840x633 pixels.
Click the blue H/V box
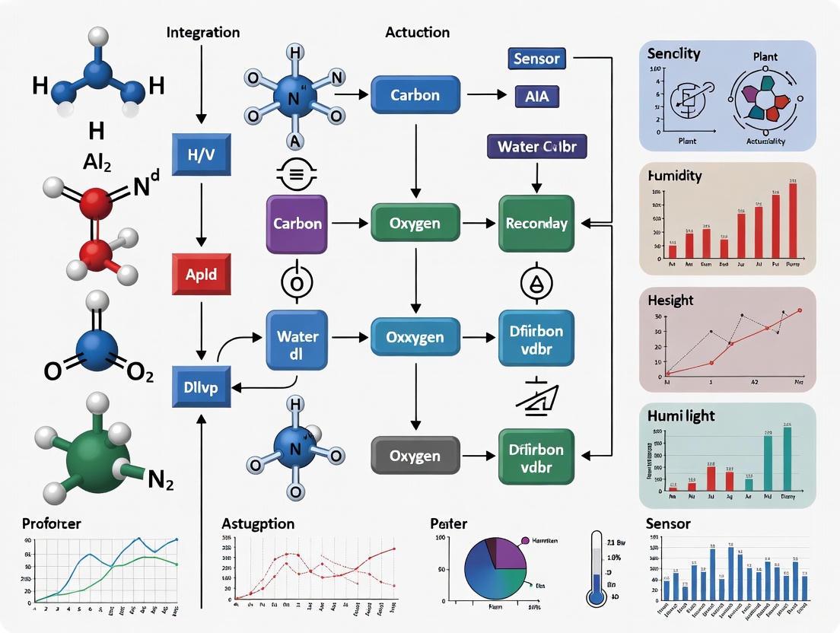[x=202, y=154]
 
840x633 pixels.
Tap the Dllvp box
[x=202, y=386]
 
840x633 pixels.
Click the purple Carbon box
[x=297, y=224]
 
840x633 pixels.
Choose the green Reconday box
[x=536, y=224]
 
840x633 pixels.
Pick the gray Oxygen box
[x=415, y=456]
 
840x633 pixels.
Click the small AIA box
[x=536, y=96]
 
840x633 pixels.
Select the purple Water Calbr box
[x=537, y=147]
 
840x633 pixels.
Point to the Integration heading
[x=202, y=33]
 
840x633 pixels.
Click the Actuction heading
[x=417, y=33]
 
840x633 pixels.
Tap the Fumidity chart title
[x=674, y=176]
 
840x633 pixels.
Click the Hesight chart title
[x=670, y=301]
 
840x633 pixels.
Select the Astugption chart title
[x=258, y=524]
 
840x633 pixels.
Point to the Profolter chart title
[x=52, y=524]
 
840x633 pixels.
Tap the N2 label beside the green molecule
[x=161, y=480]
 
